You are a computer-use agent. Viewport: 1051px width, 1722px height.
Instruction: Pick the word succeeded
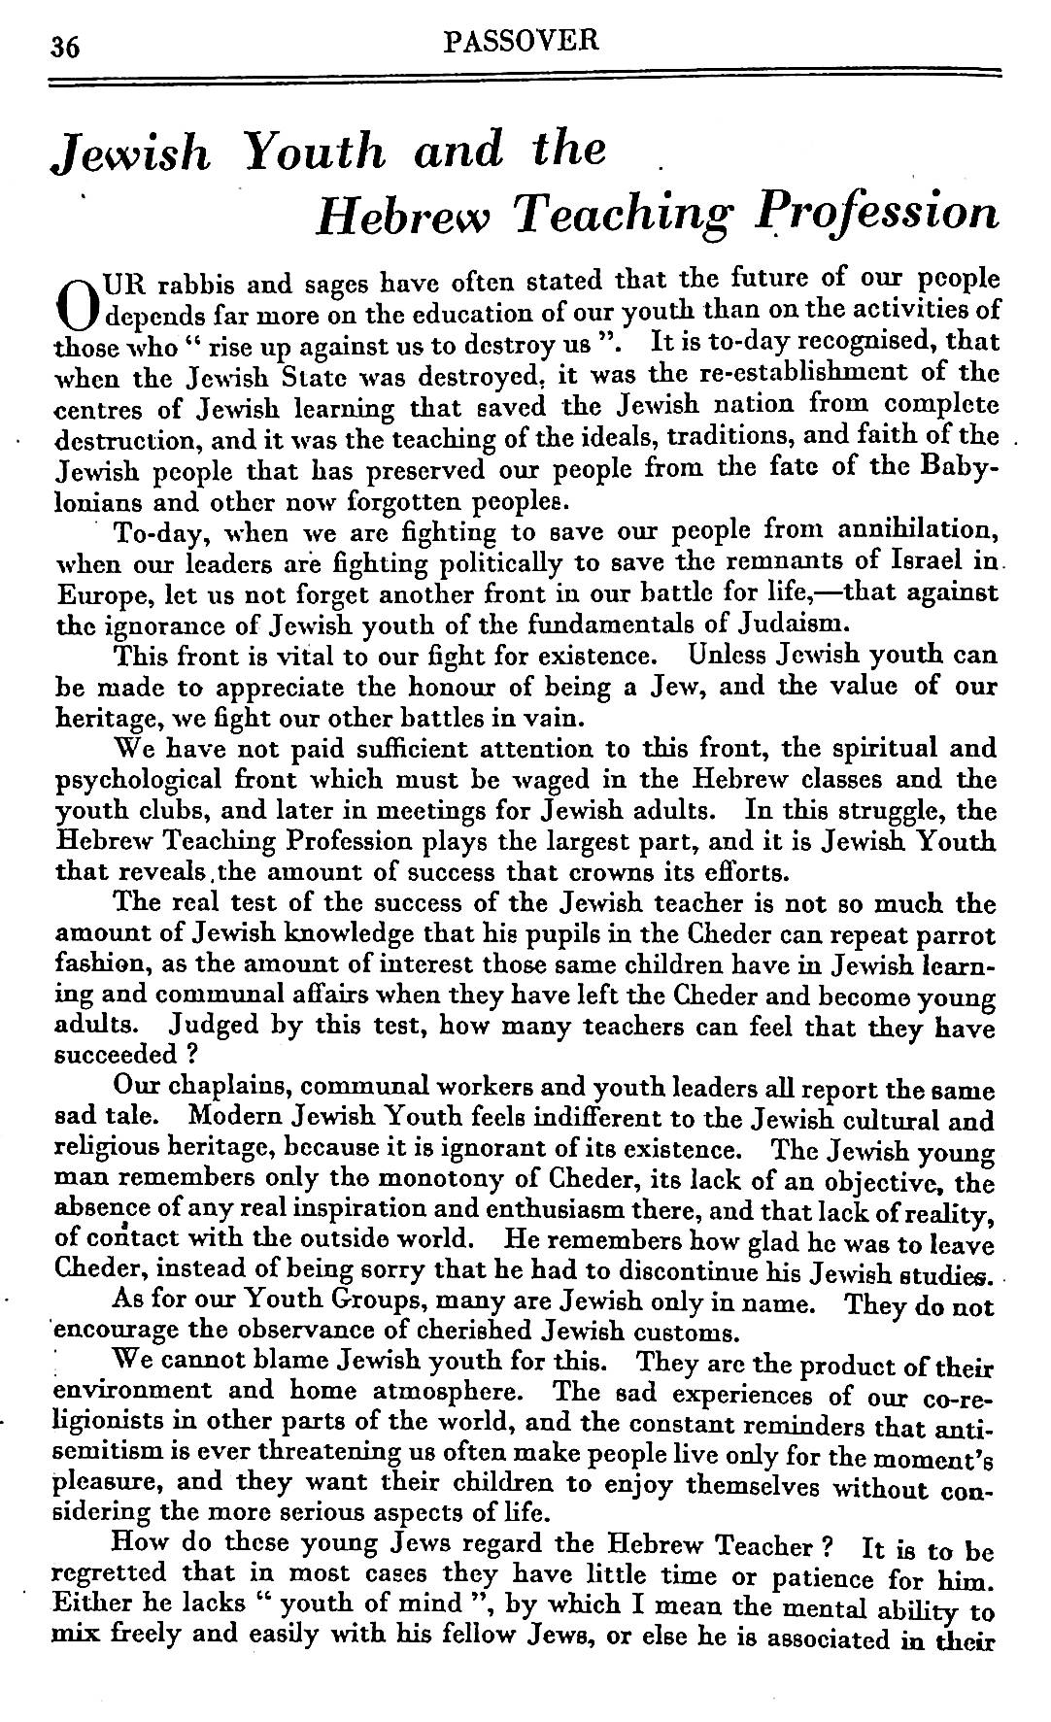pyautogui.click(x=118, y=1056)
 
